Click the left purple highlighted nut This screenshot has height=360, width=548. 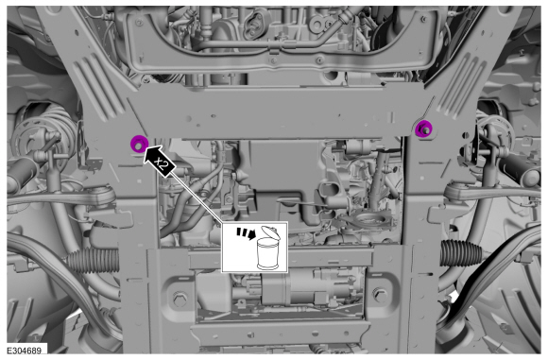point(139,144)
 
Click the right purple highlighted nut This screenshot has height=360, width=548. point(423,129)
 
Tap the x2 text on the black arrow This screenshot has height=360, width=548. point(162,163)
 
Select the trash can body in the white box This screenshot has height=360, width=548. point(267,254)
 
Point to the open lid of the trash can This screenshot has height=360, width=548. point(270,232)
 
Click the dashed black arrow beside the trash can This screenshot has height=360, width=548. point(246,233)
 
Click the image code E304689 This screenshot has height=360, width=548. point(25,351)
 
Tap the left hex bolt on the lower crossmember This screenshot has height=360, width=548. point(180,299)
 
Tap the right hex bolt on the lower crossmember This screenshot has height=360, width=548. point(380,296)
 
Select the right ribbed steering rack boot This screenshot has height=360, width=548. point(461,252)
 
